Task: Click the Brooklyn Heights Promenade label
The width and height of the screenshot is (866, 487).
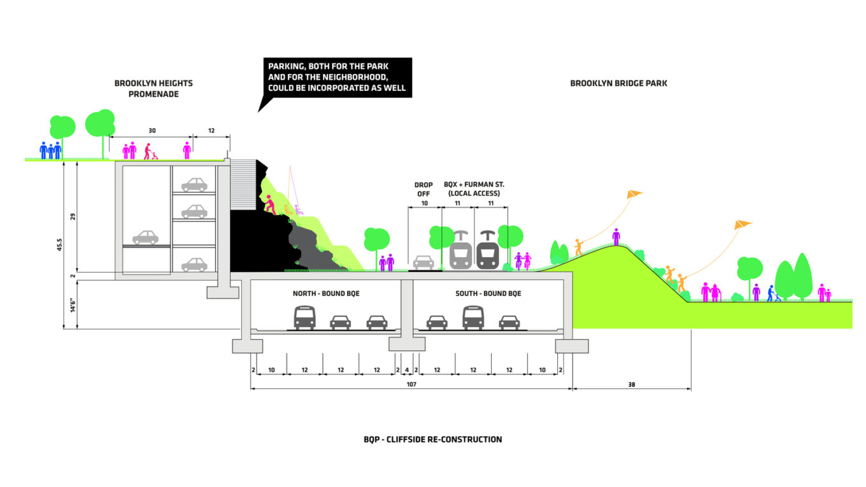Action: (x=153, y=88)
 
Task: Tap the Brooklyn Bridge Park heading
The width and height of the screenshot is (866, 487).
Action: (x=618, y=83)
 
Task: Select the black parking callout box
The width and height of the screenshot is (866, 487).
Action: (x=337, y=77)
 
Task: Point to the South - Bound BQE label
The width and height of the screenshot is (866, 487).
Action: (x=488, y=293)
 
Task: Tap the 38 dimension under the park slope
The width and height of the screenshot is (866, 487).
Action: (x=632, y=385)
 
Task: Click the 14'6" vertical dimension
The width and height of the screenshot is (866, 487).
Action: (x=73, y=305)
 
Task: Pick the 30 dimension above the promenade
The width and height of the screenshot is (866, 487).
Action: (x=152, y=131)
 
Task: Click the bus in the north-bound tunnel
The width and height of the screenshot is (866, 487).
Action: (x=304, y=317)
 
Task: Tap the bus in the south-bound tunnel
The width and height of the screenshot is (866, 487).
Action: (x=473, y=317)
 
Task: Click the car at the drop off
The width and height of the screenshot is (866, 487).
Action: (x=423, y=262)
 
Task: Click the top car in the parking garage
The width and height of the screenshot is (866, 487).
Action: (x=194, y=185)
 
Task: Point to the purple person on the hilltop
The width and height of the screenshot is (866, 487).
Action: (x=616, y=236)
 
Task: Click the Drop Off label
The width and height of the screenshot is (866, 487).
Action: (x=423, y=189)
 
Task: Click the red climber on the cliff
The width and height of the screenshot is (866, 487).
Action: (x=271, y=204)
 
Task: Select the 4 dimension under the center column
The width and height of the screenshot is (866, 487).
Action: (x=407, y=370)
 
